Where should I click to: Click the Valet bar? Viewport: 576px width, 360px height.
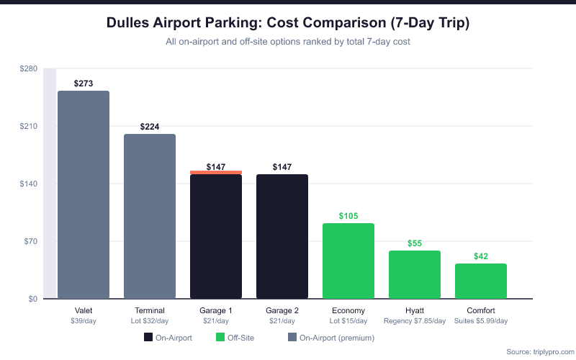(x=84, y=194)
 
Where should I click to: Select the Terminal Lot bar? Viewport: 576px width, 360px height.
(x=150, y=216)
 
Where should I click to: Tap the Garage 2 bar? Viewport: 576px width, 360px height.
(x=282, y=236)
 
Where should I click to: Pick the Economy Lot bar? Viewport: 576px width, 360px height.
(x=348, y=261)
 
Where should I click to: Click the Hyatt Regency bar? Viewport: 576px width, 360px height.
(x=415, y=274)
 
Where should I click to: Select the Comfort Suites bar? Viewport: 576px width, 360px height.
(x=481, y=281)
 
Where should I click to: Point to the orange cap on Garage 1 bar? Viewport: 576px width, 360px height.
(x=216, y=173)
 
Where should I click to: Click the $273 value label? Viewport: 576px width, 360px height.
(x=84, y=84)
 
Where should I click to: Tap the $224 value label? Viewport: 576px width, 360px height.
(x=150, y=127)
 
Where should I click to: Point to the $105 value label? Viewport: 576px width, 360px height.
(x=348, y=216)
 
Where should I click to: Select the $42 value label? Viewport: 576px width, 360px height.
(x=481, y=256)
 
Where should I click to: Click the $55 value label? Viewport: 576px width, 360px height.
(x=415, y=243)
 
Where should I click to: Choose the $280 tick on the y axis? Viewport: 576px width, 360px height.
(x=29, y=68)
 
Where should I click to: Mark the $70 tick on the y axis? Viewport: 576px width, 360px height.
(x=31, y=241)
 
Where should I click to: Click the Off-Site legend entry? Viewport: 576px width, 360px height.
(x=235, y=337)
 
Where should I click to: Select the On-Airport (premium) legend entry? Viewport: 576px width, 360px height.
(x=330, y=337)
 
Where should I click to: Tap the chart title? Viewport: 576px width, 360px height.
(x=288, y=23)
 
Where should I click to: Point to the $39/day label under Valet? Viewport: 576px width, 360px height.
(x=84, y=320)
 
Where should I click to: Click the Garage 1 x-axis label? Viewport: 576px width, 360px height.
(x=216, y=310)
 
